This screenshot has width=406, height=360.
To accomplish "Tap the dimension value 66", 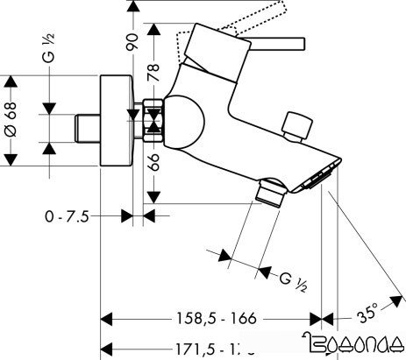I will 154,162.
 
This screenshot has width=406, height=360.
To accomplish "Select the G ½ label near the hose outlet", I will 292,281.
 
